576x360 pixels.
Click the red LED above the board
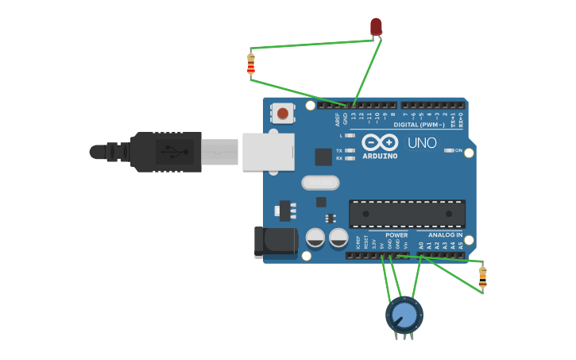point(376,27)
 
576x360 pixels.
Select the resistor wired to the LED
point(251,64)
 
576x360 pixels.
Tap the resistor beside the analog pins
point(482,277)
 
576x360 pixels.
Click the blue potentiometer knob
point(404,315)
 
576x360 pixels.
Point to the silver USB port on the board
point(268,151)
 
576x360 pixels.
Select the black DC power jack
point(274,242)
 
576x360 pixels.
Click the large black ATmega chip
point(407,214)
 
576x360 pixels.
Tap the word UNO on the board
point(422,144)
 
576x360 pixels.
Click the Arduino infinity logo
point(379,142)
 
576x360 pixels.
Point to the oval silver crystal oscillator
point(320,183)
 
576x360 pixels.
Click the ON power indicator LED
point(450,150)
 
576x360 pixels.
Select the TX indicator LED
point(350,150)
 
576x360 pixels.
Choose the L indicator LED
point(350,136)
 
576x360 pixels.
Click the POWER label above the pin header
point(396,235)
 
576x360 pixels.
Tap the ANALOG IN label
point(445,235)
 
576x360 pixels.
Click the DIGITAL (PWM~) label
point(417,125)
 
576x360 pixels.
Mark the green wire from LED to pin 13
point(365,72)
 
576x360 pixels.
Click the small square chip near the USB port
point(323,157)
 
